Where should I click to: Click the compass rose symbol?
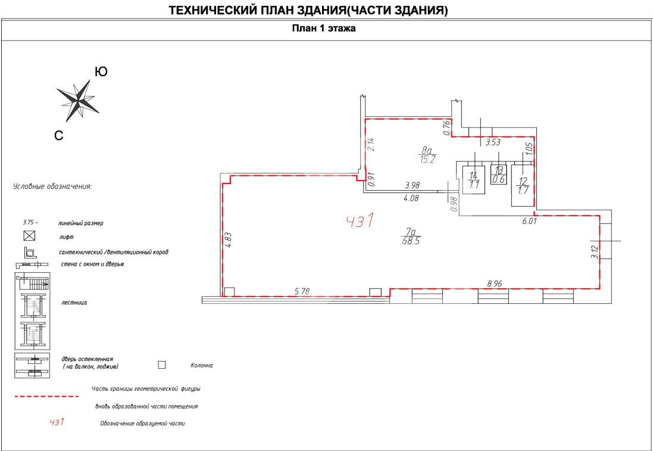(x=77, y=100)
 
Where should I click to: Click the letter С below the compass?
(x=59, y=136)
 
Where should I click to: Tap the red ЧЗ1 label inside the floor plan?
(x=360, y=221)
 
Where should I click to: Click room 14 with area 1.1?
(x=474, y=180)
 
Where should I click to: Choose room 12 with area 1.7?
(x=523, y=186)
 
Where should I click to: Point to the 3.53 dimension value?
(x=492, y=142)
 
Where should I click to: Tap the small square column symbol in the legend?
(x=161, y=365)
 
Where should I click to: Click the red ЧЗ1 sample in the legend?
(x=57, y=422)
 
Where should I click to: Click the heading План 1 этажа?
(x=324, y=29)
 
